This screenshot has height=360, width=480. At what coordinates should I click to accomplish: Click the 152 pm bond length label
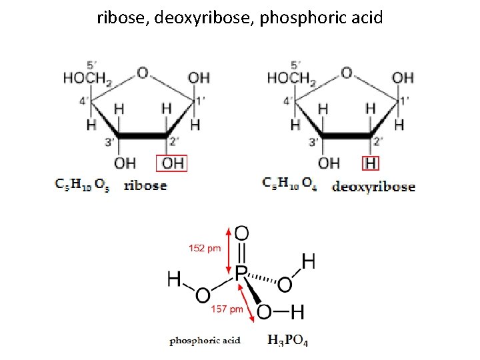tap(205, 249)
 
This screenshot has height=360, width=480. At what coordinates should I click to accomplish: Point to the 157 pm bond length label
tap(227, 309)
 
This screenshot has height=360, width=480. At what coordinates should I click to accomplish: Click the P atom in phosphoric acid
tap(241, 272)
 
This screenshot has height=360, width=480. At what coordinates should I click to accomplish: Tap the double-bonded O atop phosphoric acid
tap(243, 233)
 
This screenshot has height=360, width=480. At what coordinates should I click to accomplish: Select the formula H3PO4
tap(288, 341)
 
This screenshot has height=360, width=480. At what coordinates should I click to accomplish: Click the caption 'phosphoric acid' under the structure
tap(205, 341)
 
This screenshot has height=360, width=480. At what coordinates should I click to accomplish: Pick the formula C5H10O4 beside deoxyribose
tap(289, 183)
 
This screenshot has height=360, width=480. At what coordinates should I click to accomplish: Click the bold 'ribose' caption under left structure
tap(145, 185)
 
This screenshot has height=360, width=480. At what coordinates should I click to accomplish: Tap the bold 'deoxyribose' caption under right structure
tap(373, 187)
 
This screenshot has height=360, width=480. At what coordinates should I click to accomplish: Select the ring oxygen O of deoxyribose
tap(346, 72)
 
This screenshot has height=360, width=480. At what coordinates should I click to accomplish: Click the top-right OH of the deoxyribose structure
tap(402, 79)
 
